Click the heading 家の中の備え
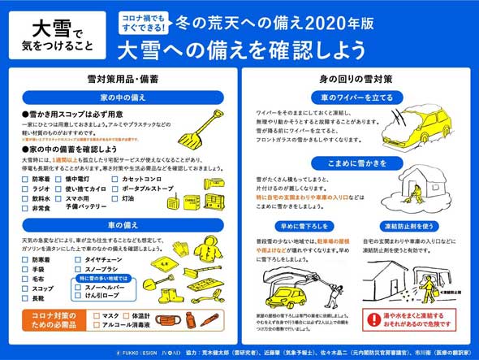(123, 96)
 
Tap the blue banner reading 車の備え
(123, 223)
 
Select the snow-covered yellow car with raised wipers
(415, 130)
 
